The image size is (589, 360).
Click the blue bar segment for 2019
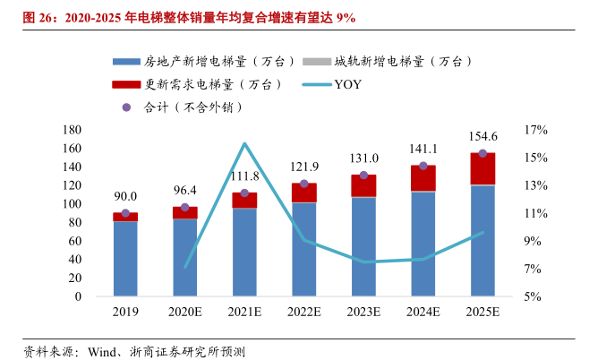(x=125, y=258)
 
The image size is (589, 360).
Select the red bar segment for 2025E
(x=482, y=168)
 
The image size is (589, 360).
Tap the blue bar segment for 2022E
(x=303, y=249)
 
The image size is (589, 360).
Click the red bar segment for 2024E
(x=423, y=178)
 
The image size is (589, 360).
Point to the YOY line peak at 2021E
(x=244, y=143)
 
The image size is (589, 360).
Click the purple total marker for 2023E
(x=363, y=175)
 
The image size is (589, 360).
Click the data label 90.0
(x=125, y=196)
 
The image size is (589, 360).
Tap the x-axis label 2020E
(x=184, y=311)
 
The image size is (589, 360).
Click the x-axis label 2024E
(x=423, y=311)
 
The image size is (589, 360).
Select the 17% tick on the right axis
(x=535, y=130)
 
